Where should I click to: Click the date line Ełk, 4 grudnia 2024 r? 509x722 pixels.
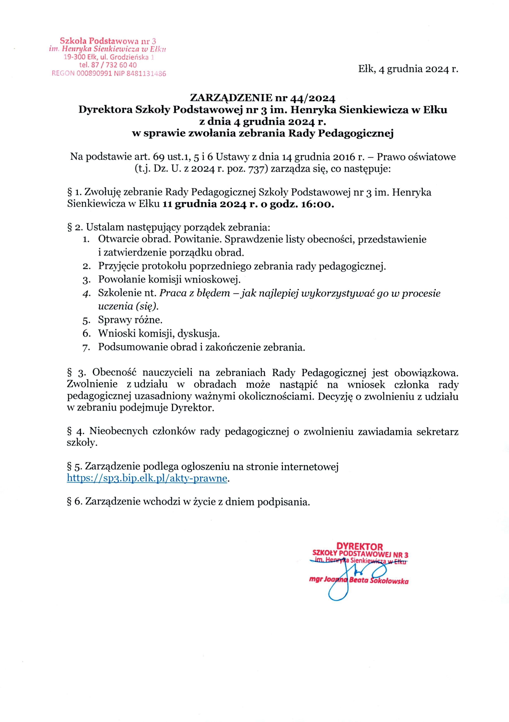pos(408,69)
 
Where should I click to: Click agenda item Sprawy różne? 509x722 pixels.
pos(130,320)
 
